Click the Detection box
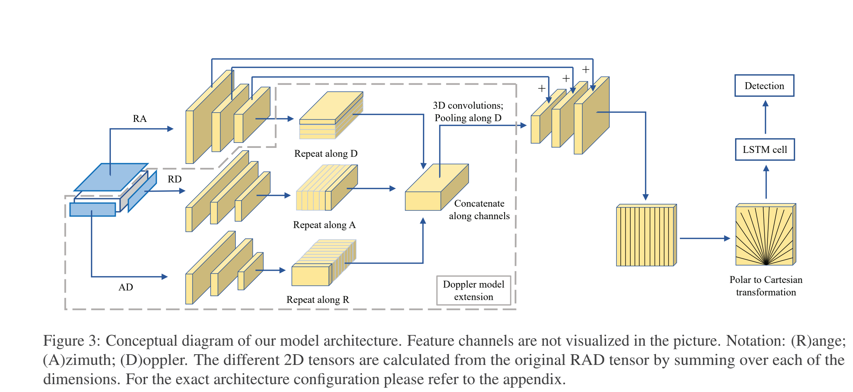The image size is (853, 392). (x=764, y=86)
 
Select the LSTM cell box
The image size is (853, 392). (x=765, y=149)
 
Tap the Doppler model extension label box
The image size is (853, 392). (x=473, y=290)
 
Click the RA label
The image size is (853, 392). (x=140, y=119)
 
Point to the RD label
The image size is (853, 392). (x=175, y=179)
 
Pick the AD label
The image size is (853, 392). (x=125, y=287)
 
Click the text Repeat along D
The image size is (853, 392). (x=326, y=154)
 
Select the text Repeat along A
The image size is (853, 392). (x=324, y=225)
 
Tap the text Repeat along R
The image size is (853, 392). (x=318, y=300)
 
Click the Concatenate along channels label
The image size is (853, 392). (x=479, y=210)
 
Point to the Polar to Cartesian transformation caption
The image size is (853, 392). (x=766, y=286)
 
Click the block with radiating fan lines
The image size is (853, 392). (x=765, y=235)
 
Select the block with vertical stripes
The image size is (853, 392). (x=646, y=236)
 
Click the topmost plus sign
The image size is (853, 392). (x=586, y=69)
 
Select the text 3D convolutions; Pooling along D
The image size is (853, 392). (x=468, y=112)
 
